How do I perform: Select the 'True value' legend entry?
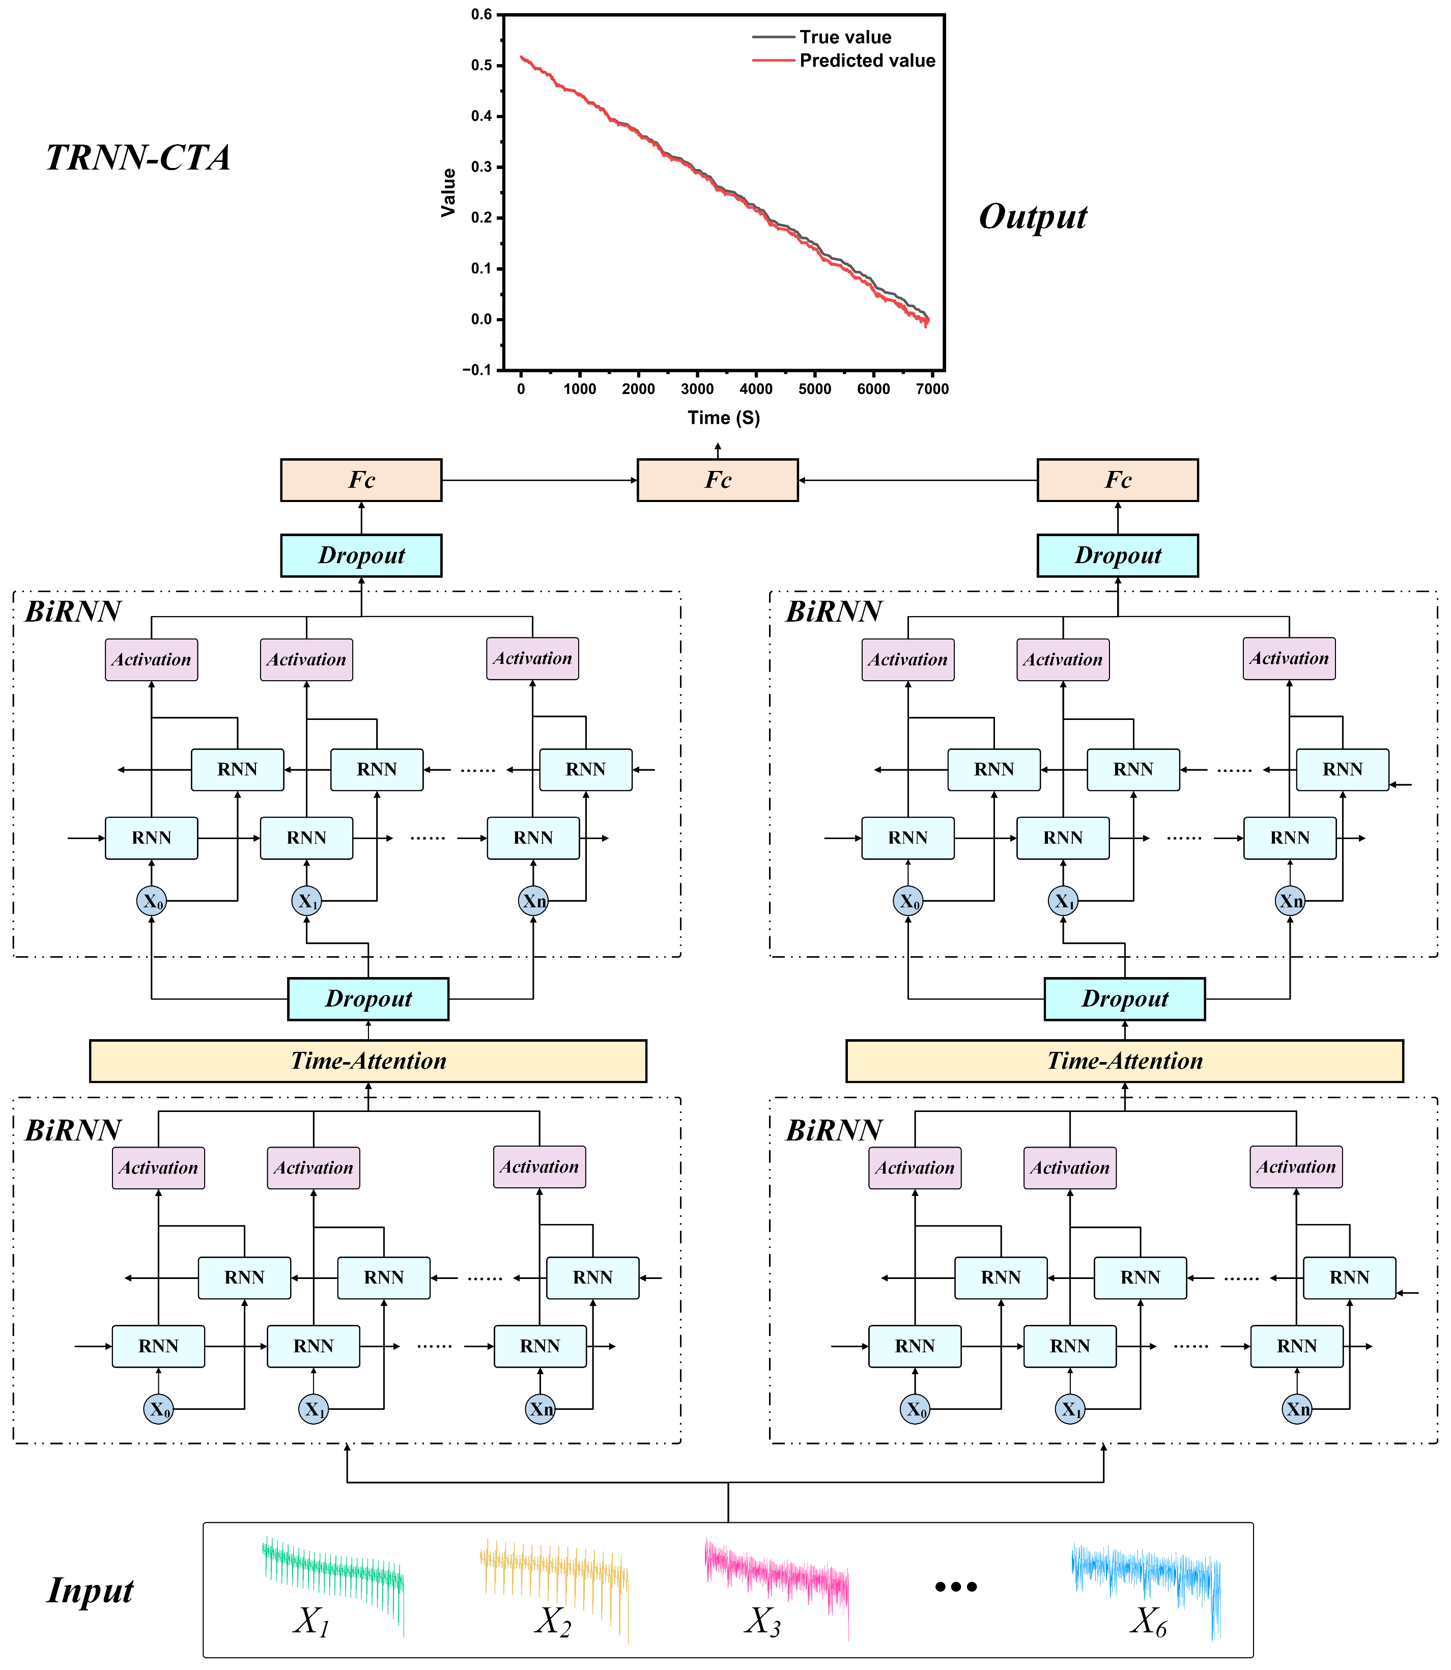[844, 37]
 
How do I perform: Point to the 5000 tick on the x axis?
[815, 389]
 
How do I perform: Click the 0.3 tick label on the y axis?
[482, 167]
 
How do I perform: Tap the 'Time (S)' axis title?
[724, 418]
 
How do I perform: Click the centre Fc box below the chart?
[718, 480]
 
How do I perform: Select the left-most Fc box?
[361, 480]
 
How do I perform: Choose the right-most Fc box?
[1118, 480]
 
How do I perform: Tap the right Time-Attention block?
[1125, 1061]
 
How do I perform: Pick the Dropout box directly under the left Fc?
[361, 555]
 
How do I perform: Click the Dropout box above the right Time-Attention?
[1125, 998]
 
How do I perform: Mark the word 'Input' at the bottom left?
[90, 1591]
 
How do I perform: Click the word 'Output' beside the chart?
[1032, 217]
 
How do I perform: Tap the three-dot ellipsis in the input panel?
[956, 1586]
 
